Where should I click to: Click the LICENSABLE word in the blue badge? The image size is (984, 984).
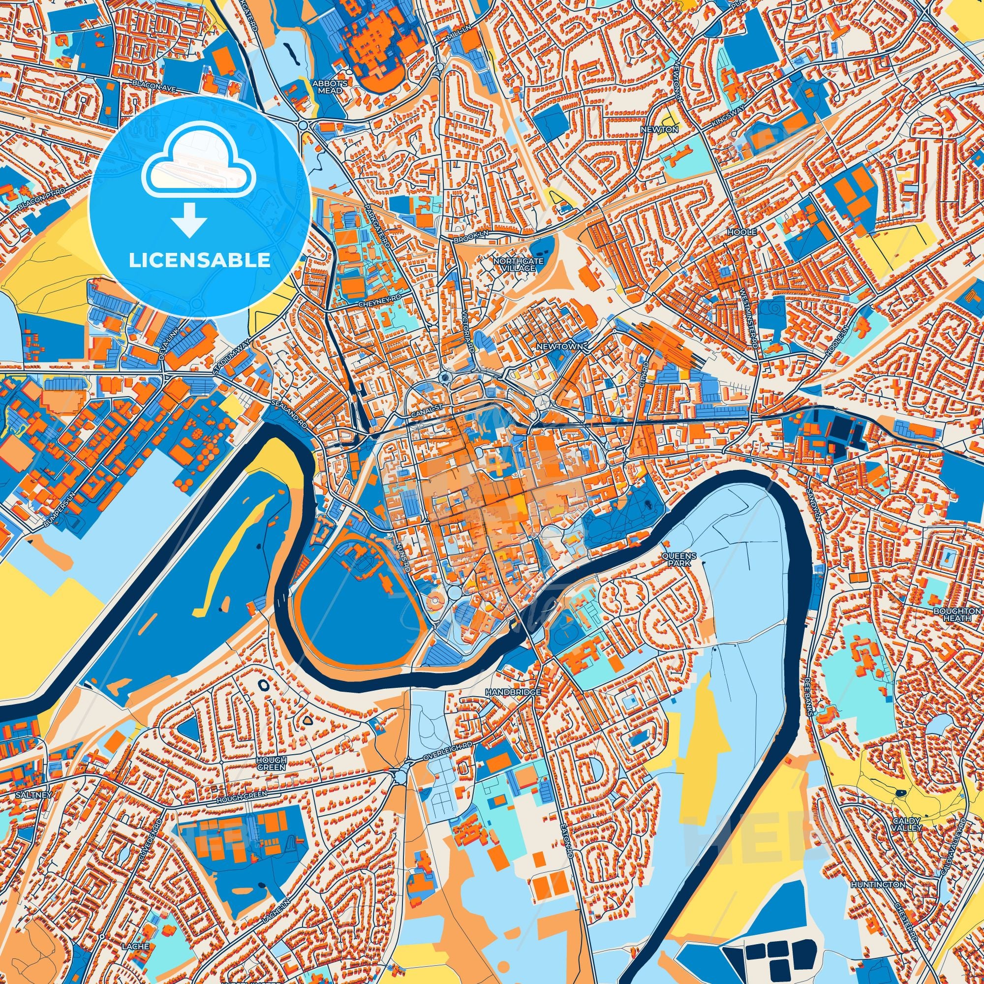coord(199,260)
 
